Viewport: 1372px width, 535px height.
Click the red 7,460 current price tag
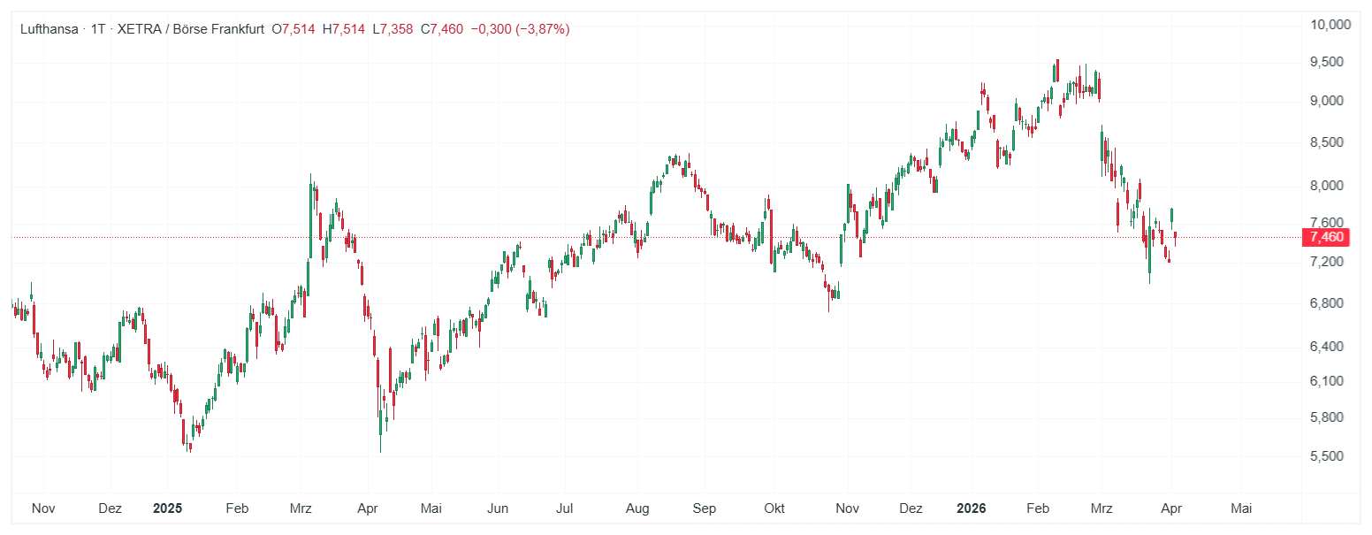[1326, 237]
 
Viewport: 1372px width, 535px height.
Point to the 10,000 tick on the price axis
[1330, 24]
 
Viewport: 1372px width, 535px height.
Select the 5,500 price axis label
[1326, 456]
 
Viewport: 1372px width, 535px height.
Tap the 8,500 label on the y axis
[1326, 142]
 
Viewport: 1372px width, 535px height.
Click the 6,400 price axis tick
[1326, 346]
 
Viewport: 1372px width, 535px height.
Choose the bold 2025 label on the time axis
[167, 508]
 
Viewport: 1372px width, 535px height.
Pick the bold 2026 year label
[972, 508]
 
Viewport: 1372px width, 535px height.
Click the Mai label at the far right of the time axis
[1241, 508]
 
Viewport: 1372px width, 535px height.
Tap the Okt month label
[774, 508]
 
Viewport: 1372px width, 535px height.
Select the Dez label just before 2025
[111, 508]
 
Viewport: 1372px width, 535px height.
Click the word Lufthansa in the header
[49, 29]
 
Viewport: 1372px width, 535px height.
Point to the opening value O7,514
[293, 29]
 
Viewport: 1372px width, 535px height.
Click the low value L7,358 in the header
[393, 29]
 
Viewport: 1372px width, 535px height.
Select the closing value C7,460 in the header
[441, 29]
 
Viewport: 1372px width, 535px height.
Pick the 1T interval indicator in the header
[98, 29]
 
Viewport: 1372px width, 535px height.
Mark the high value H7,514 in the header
[344, 29]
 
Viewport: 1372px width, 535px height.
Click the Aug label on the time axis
[637, 508]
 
